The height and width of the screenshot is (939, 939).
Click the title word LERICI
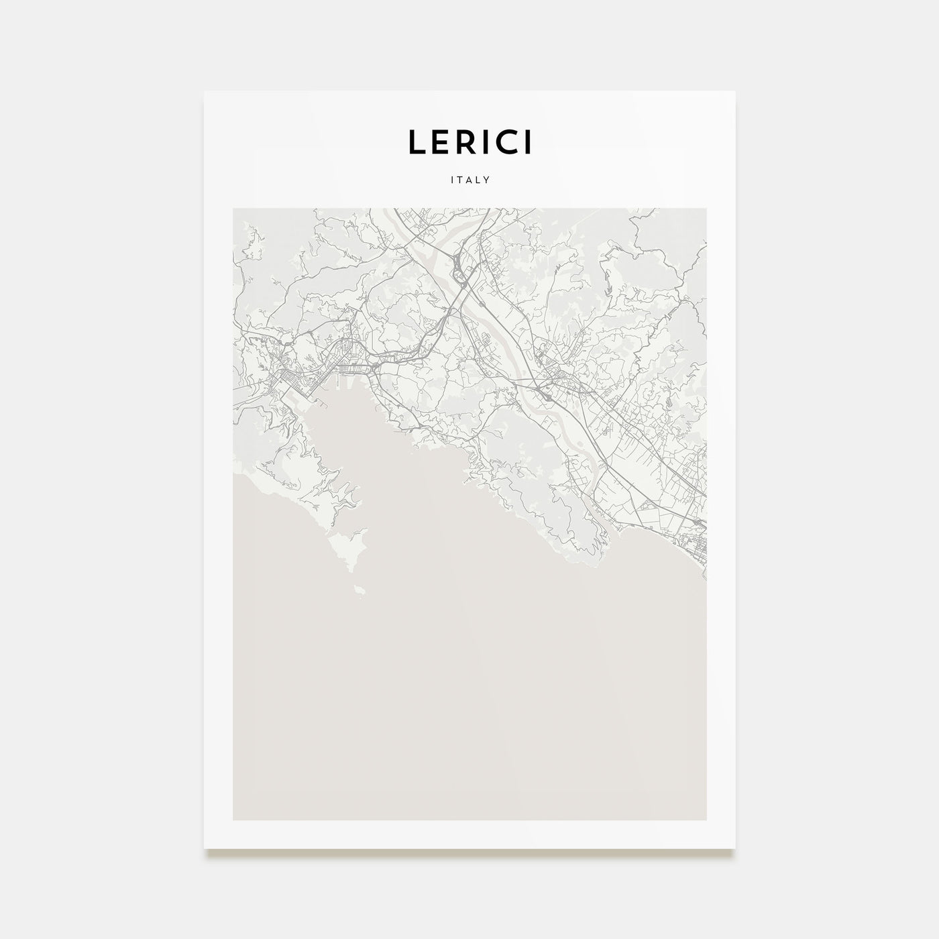(469, 142)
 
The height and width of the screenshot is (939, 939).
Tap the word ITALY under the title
(469, 180)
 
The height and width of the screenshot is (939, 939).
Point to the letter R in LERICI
(463, 142)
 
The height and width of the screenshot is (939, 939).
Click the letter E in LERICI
(439, 142)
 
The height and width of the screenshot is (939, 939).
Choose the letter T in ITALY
(461, 180)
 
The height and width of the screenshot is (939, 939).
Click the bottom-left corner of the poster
(205, 848)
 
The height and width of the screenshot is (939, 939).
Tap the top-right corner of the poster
(735, 91)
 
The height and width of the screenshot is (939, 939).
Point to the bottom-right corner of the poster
(735, 848)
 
